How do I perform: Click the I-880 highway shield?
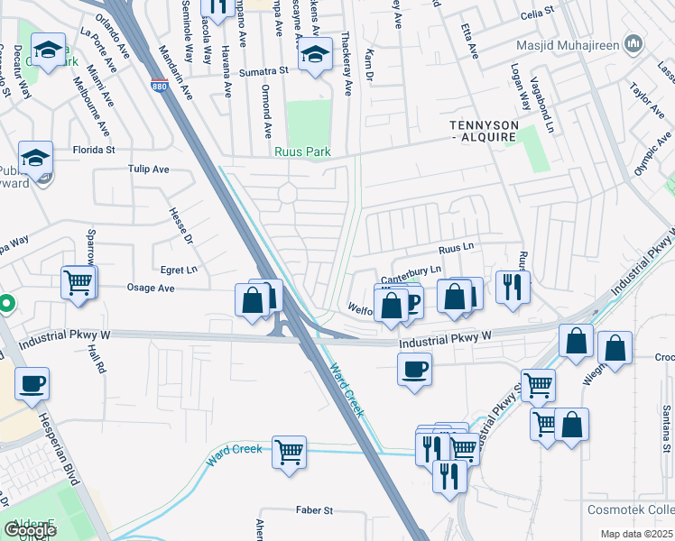point(159,87)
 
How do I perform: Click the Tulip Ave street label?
point(149,169)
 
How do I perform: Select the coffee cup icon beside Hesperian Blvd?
point(32,383)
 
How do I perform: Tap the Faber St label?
point(315,510)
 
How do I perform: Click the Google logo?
point(30,530)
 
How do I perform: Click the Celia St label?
point(535,15)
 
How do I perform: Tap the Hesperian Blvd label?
point(60,454)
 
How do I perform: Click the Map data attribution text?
point(637,534)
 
